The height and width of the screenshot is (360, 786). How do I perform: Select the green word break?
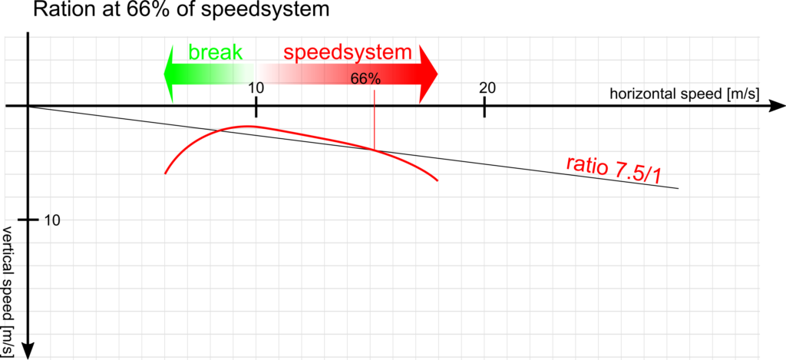click(216, 52)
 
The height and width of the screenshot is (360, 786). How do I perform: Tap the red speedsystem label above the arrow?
click(348, 53)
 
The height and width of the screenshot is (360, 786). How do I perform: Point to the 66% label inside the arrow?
click(365, 79)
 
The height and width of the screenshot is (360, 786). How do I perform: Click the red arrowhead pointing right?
click(428, 74)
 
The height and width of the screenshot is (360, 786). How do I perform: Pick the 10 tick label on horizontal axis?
click(256, 88)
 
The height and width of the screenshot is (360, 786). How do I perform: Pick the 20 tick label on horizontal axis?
click(487, 88)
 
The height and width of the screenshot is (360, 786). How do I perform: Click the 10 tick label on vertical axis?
click(52, 220)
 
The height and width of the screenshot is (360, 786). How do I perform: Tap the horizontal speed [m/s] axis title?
click(684, 93)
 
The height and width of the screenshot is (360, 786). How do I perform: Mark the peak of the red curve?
click(246, 127)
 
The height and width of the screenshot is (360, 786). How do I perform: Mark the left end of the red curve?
click(166, 173)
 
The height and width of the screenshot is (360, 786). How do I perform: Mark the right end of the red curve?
click(438, 180)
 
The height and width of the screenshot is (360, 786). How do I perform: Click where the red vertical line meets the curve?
click(374, 150)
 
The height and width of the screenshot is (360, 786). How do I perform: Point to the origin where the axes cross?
click(28, 106)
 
